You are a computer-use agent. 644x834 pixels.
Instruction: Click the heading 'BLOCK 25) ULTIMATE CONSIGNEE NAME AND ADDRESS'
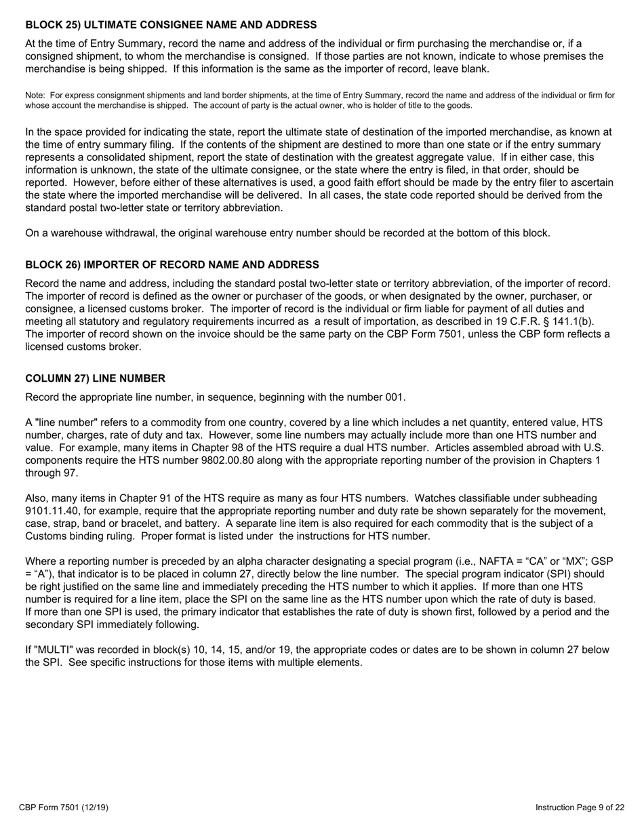click(x=171, y=25)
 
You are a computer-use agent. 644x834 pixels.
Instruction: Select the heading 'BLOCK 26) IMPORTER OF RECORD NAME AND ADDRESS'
click(x=172, y=264)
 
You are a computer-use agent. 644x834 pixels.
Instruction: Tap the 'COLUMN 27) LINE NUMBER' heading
click(x=95, y=378)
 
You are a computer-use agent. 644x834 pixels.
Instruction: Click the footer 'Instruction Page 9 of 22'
click(x=580, y=808)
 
